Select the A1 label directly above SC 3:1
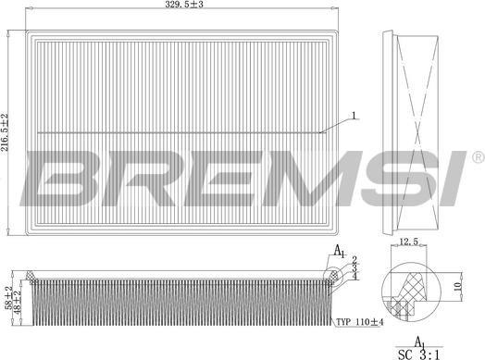(418, 341)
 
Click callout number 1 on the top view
(353, 116)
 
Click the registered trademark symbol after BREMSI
(477, 155)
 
